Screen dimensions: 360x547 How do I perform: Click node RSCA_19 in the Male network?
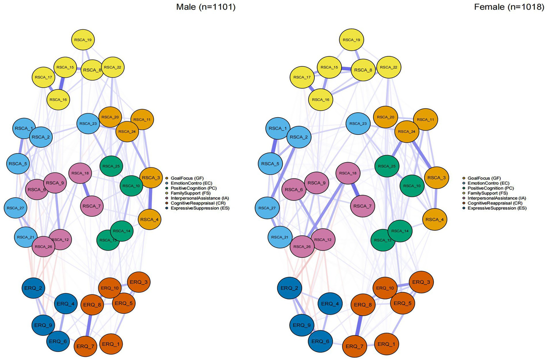click(83, 40)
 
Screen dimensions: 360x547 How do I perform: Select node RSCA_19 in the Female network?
click(351, 40)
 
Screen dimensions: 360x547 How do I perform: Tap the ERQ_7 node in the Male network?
click(86, 346)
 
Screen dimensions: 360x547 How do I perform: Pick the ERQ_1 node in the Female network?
click(386, 344)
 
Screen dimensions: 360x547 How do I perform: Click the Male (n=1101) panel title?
click(206, 7)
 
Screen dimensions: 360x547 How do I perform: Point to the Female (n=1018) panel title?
click(509, 7)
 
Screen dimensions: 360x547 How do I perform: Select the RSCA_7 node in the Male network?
click(92, 206)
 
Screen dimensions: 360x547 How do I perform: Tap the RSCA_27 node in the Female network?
click(267, 208)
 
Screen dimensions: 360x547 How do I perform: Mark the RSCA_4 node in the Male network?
click(150, 220)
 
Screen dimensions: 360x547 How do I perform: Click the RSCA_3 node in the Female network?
click(437, 178)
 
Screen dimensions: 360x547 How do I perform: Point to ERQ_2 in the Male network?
click(34, 288)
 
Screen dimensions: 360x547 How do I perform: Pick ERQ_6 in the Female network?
click(320, 341)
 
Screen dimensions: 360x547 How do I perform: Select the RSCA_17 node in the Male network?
click(43, 77)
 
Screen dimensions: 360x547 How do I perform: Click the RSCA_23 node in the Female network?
click(358, 124)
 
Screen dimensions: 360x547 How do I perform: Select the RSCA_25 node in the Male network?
click(112, 166)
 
